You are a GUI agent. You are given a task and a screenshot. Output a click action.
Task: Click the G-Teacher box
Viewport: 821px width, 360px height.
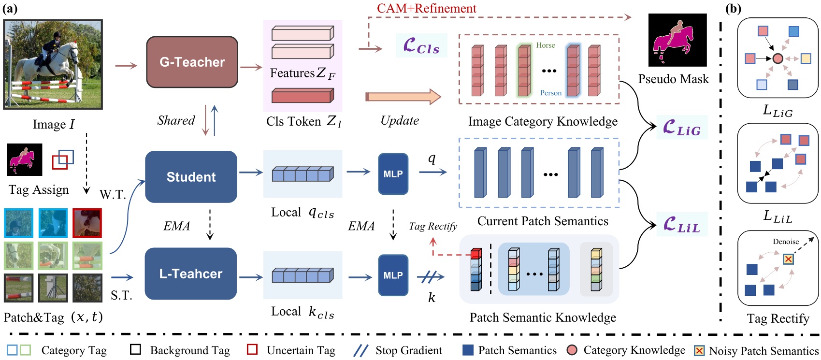[192, 62]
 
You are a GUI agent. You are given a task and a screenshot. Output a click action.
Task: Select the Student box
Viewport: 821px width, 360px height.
[191, 177]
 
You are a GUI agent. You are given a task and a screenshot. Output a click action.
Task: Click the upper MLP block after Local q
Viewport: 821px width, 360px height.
[393, 174]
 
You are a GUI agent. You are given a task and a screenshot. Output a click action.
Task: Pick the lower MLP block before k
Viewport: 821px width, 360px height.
[393, 275]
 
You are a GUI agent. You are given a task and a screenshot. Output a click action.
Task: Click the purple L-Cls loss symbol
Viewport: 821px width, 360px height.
[421, 46]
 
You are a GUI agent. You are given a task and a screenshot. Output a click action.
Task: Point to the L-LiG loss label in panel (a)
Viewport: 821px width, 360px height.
[681, 128]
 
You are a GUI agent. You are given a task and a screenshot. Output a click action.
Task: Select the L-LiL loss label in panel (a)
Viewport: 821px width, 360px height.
[681, 225]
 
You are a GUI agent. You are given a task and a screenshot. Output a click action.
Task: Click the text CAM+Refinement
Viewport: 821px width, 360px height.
[426, 8]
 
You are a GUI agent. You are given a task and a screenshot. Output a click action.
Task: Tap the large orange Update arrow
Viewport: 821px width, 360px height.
[403, 97]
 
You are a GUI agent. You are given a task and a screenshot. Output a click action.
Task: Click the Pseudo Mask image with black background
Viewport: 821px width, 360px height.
[677, 40]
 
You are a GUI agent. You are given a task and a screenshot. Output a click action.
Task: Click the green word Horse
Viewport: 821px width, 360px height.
[545, 45]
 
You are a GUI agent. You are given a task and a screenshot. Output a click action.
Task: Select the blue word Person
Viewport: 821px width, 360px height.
[550, 93]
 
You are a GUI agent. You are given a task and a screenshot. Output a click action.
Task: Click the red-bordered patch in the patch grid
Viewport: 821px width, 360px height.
[87, 223]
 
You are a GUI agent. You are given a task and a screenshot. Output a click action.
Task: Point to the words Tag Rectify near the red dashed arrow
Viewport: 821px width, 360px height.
[432, 226]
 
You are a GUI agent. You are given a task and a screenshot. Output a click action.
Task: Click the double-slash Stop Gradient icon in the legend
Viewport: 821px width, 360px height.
[360, 350]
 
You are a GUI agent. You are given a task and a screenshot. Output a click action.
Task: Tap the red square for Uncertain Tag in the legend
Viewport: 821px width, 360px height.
[252, 349]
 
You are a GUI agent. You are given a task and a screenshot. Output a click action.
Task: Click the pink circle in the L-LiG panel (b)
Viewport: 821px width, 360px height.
[778, 58]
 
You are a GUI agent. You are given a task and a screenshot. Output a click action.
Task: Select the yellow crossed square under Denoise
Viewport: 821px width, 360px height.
[788, 259]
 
